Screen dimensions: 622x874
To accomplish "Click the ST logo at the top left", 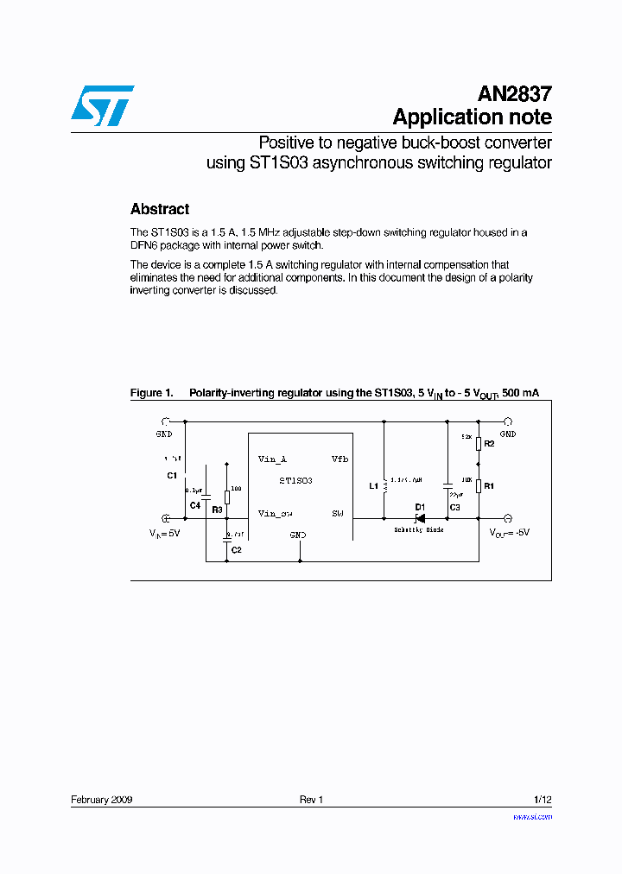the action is (x=102, y=105).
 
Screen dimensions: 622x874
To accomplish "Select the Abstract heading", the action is (x=160, y=209).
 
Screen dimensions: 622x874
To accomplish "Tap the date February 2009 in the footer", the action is (x=101, y=800).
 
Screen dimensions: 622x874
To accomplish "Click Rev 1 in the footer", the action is (x=311, y=800).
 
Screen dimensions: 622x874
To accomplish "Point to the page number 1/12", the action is (x=543, y=800).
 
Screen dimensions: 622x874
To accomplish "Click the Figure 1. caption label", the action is (x=151, y=393).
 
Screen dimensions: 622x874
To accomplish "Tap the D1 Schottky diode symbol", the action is (x=418, y=518).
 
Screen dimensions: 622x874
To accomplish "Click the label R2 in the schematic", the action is (x=489, y=443).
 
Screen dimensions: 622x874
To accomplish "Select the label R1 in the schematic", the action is (x=489, y=486).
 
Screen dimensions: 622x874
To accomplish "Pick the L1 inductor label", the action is (x=373, y=485).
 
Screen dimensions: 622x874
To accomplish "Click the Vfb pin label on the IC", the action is (x=340, y=459).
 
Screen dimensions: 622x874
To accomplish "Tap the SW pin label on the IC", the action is (x=338, y=513).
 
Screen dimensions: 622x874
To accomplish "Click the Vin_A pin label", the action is (x=272, y=459).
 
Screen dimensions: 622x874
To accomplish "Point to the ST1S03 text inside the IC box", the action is (x=295, y=480).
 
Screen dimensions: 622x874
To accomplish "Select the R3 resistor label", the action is (x=217, y=510).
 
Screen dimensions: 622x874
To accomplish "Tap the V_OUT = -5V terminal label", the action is (x=509, y=534).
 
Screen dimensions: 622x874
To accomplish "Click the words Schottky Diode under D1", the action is (x=419, y=529).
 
